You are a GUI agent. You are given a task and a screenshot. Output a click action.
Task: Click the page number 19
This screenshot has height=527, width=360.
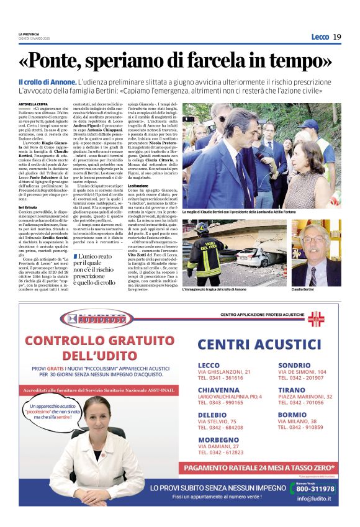click(x=337, y=37)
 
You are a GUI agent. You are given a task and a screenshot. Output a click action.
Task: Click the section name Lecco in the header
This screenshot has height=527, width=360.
click(x=320, y=37)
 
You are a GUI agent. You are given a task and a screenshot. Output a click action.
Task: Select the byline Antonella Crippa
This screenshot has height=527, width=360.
click(x=33, y=104)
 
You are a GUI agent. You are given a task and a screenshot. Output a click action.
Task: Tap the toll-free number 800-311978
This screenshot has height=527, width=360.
click(x=315, y=489)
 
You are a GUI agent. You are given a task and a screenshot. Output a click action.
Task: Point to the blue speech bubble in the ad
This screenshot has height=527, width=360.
click(x=58, y=413)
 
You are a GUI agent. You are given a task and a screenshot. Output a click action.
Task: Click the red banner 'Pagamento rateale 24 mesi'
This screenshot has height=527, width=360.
click(x=259, y=467)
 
